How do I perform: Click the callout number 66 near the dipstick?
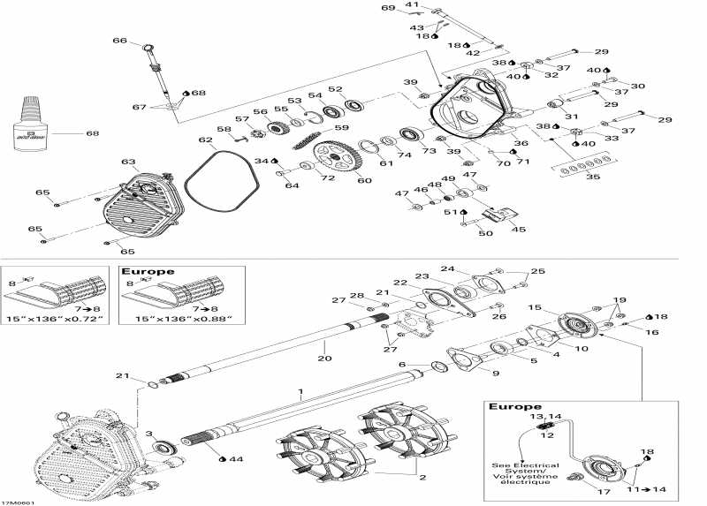coord(120,40)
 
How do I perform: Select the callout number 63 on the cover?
coord(128,162)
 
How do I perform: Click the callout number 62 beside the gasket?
coord(205,140)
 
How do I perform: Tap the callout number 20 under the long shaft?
coord(323,359)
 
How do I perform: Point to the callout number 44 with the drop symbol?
coord(233,459)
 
